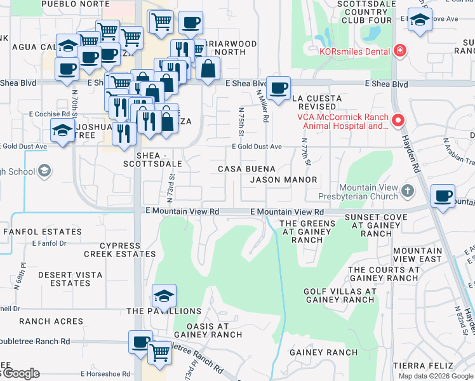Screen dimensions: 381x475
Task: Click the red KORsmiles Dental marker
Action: click(399, 50)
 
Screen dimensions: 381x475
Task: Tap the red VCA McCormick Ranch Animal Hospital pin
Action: click(398, 119)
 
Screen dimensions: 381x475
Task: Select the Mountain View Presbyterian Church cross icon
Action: click(408, 190)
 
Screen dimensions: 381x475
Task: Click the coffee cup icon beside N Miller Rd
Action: click(278, 88)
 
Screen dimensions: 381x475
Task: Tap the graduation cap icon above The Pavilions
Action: click(164, 295)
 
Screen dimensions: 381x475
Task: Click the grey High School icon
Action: click(44, 170)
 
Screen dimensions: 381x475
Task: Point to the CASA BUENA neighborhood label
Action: click(246, 169)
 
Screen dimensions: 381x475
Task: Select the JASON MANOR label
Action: click(283, 180)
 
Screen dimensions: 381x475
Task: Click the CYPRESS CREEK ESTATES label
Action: click(120, 250)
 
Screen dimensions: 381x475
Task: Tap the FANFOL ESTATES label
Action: click(43, 232)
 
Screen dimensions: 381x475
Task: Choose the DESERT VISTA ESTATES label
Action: click(64, 279)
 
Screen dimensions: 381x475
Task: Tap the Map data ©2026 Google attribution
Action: click(436, 376)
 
